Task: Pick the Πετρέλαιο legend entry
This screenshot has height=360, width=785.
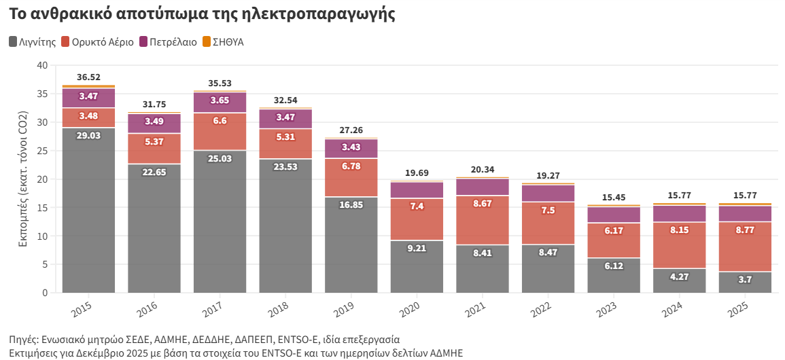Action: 168,42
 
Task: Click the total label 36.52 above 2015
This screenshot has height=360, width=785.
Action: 88,77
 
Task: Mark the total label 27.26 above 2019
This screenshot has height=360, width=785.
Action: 351,130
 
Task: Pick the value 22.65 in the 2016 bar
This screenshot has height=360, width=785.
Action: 154,173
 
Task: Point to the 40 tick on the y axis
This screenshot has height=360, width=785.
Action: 43,65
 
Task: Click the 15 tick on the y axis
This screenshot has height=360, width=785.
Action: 43,208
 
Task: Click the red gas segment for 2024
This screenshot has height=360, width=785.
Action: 680,245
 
